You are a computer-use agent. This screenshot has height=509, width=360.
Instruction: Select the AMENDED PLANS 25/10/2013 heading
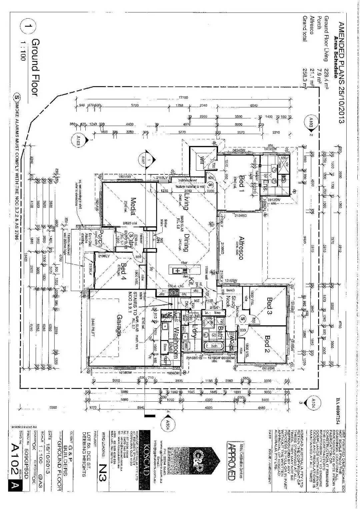(x=341, y=73)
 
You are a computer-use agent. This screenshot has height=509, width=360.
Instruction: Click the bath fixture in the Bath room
(x=214, y=346)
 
